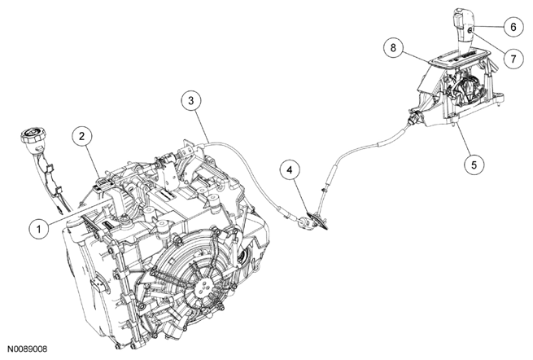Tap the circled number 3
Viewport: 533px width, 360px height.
[x=190, y=101]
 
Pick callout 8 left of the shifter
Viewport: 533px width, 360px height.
[x=394, y=49]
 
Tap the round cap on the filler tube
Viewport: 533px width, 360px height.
[x=29, y=135]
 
